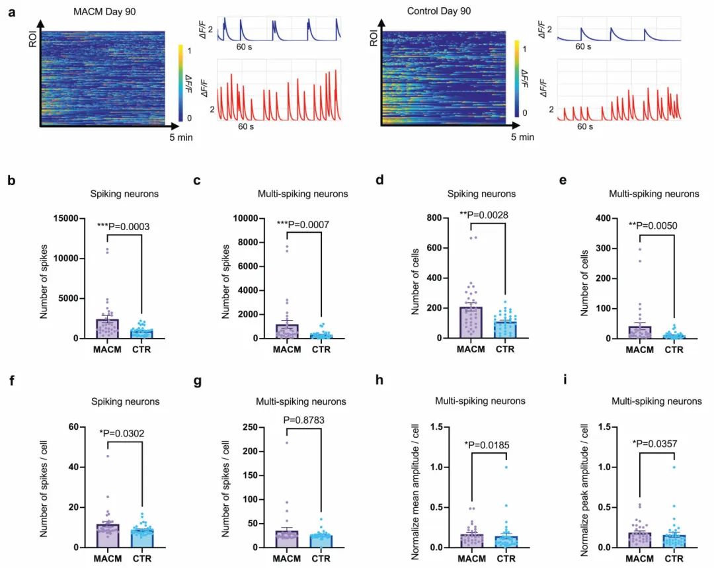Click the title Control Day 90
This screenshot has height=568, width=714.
440,11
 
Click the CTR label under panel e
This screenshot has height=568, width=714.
674,350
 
